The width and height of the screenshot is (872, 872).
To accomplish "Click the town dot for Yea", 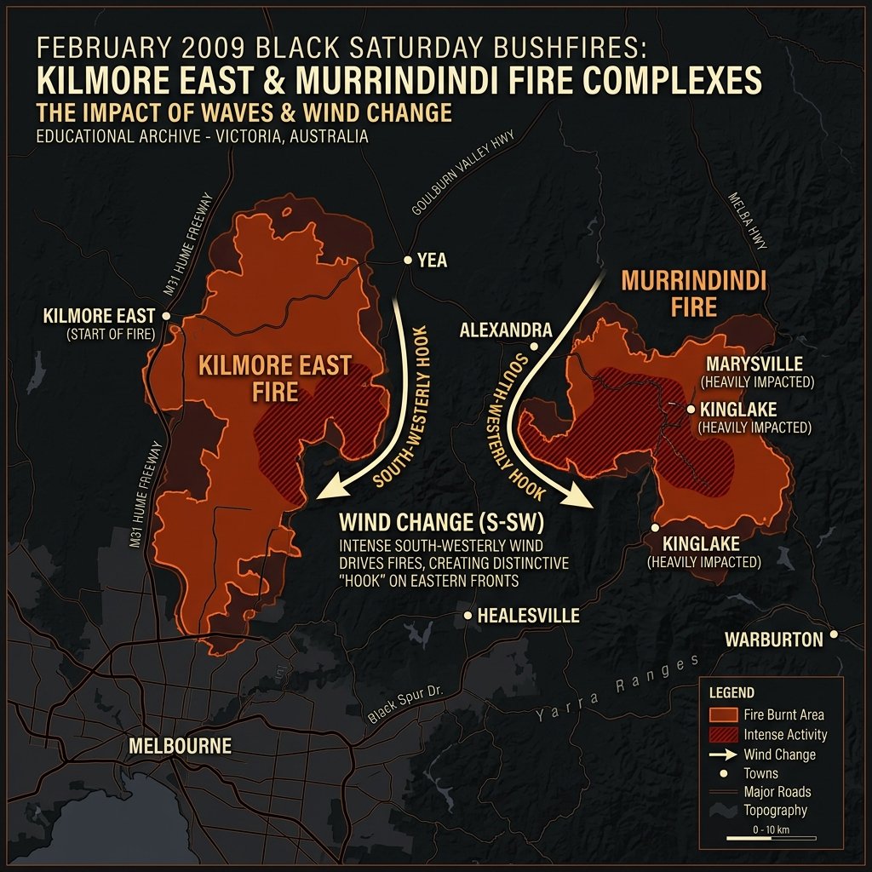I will (408, 260).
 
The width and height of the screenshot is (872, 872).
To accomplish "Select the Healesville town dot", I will (468, 615).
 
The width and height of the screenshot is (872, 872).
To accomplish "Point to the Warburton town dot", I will (834, 634).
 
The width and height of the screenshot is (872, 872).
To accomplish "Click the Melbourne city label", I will (180, 746).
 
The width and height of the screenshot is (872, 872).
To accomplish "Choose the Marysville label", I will (754, 364).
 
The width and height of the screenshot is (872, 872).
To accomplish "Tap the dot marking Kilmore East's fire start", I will (166, 316).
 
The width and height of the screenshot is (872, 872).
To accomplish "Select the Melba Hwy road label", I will (749, 221).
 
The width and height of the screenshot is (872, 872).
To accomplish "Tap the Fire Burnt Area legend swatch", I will (722, 714).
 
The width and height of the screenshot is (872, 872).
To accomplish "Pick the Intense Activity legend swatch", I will (722, 734).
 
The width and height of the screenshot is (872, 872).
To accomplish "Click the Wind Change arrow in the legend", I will (722, 754).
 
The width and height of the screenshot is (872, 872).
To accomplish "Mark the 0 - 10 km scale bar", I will (770, 839).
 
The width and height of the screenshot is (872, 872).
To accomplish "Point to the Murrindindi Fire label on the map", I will (694, 293).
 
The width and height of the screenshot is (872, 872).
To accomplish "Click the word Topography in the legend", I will (775, 811).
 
